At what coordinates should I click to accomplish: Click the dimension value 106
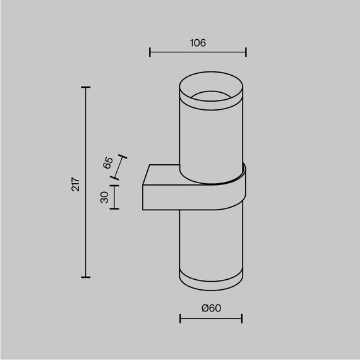(x=198, y=43)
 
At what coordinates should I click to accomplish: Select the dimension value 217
(x=75, y=184)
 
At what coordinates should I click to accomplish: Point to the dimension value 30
(x=105, y=197)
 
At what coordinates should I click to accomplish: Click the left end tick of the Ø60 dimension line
(x=180, y=318)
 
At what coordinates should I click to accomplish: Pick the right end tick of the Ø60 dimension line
(x=243, y=318)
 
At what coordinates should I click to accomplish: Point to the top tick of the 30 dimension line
(x=114, y=184)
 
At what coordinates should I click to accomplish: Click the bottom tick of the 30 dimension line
(x=114, y=209)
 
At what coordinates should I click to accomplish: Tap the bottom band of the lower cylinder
(x=211, y=281)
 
